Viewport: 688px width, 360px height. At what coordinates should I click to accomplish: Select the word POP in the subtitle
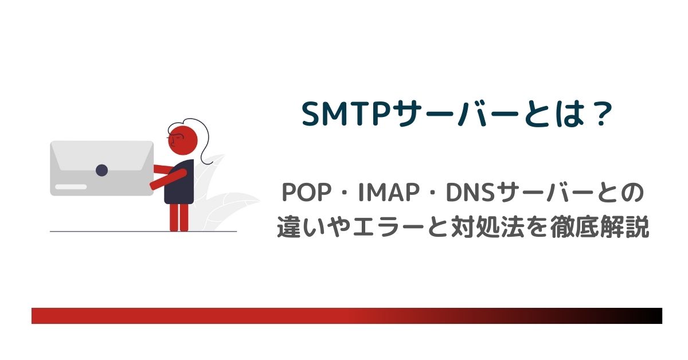point(307,193)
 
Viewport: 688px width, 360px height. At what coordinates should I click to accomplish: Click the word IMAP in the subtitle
point(389,193)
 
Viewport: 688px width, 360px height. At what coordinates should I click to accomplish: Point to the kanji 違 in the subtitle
point(288,226)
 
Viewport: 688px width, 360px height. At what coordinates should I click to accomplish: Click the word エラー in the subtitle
point(388,226)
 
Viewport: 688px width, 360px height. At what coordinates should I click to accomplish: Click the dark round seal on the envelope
point(101,170)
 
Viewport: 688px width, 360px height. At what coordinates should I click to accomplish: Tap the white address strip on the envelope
point(71,187)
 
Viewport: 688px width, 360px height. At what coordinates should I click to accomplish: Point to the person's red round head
point(183,140)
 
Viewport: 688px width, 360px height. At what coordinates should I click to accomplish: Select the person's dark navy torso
point(179,182)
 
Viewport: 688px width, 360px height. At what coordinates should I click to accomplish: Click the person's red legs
point(179,217)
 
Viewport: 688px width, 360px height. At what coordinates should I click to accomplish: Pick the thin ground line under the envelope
point(143,231)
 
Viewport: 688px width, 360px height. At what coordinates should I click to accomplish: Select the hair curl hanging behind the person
point(204,141)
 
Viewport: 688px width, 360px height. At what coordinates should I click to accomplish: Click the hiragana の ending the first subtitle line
point(633,193)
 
